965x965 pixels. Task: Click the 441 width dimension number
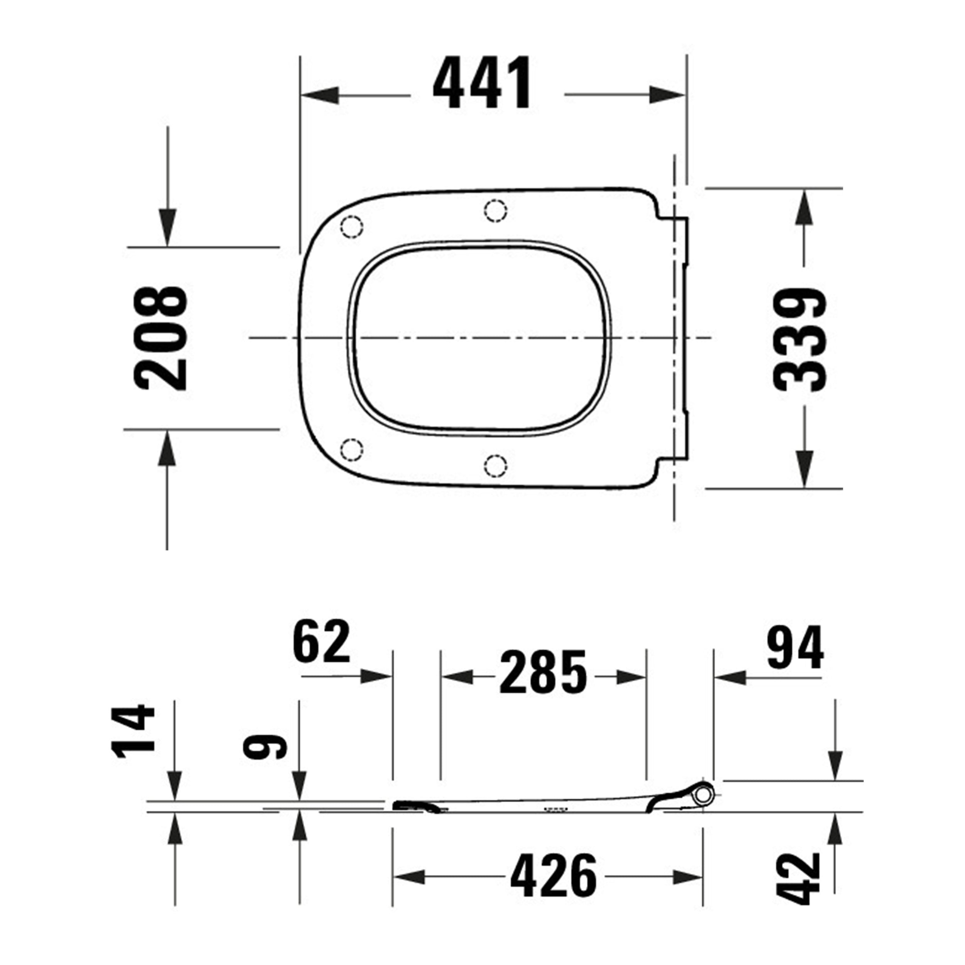482,83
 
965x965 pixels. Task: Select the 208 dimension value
161,338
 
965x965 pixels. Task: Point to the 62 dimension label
322,642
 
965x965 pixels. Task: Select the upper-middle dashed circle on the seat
496,210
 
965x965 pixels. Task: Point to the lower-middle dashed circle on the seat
496,466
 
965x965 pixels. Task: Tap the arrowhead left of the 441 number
320,95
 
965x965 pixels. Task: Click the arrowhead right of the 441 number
666,95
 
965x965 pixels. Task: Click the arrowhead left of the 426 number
410,877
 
